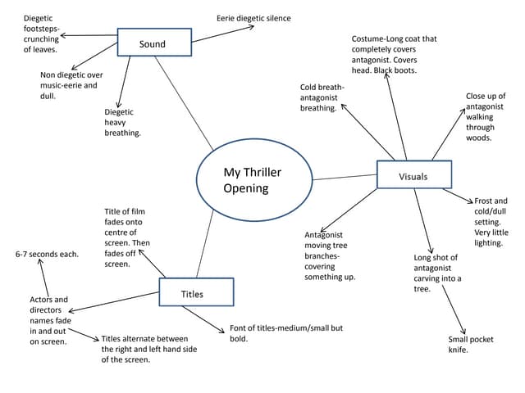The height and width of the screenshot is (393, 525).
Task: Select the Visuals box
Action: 413,176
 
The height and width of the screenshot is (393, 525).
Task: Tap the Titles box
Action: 196,293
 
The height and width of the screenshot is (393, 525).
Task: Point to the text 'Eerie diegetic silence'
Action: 253,18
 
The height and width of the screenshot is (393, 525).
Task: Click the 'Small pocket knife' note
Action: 470,345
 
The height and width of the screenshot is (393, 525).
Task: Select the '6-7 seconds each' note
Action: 48,254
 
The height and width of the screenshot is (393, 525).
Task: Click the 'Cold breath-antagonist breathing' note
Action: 322,97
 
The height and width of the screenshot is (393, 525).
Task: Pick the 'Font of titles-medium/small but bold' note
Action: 285,333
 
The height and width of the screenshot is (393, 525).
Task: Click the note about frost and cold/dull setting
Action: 491,222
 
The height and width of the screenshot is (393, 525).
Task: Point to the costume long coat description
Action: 395,54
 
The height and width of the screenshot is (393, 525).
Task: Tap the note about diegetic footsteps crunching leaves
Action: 41,34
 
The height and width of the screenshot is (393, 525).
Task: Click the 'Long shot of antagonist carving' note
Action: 437,273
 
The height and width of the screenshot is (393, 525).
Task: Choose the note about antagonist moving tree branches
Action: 330,255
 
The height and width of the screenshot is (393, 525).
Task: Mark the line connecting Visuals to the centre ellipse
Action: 345,177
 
